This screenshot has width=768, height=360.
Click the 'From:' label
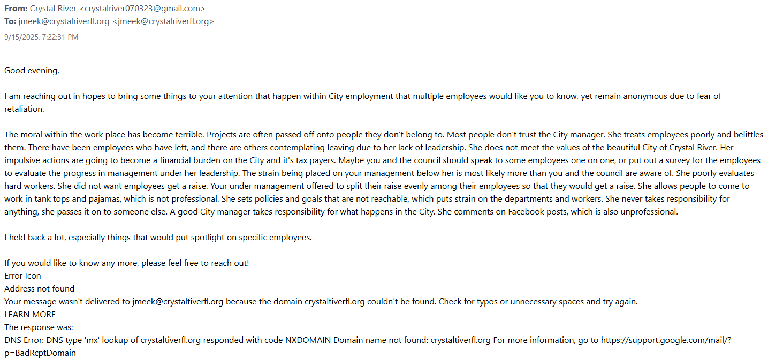[x=16, y=9]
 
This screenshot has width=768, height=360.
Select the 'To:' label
[x=11, y=21]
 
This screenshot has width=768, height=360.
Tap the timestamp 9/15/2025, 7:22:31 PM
[x=41, y=37]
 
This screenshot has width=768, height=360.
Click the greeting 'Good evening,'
[x=32, y=70]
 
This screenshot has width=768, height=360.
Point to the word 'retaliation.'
[x=24, y=109]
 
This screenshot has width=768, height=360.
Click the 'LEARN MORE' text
[x=30, y=314]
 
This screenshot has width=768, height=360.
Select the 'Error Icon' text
[x=22, y=275]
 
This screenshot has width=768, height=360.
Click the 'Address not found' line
[x=40, y=288]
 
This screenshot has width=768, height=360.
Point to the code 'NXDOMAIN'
[x=307, y=340]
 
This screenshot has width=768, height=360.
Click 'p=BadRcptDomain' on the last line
[x=40, y=353]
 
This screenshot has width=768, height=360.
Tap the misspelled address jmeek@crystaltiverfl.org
[x=178, y=301]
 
